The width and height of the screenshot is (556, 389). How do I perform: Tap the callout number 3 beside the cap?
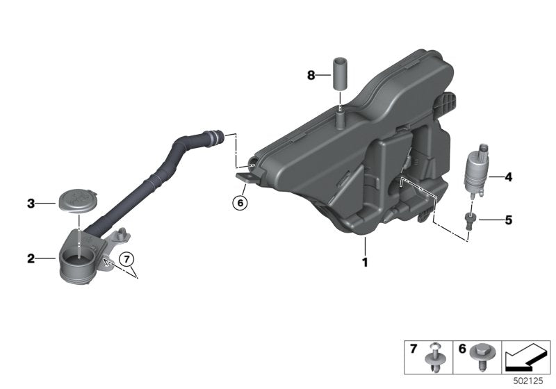[x=31, y=204]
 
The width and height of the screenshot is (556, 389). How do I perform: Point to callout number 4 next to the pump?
[x=508, y=178]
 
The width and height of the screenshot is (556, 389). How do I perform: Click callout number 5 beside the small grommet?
[x=508, y=221]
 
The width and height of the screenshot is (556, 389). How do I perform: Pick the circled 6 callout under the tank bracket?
[x=240, y=204]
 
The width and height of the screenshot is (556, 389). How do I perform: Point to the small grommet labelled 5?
[x=470, y=221]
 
